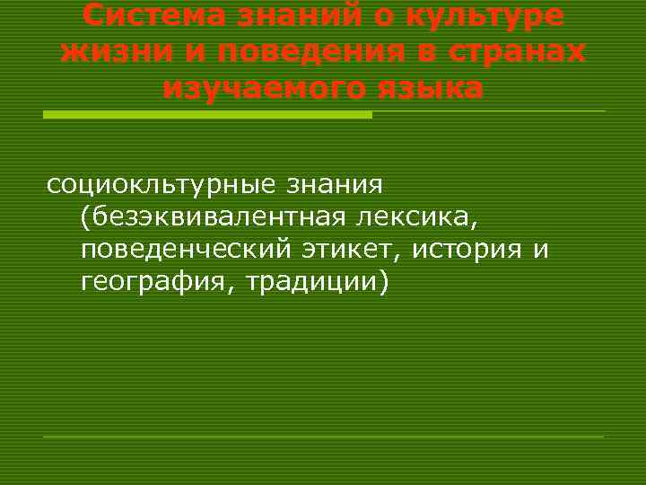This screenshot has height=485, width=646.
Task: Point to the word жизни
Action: [x=104, y=52]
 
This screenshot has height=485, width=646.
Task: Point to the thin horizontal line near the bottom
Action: [x=323, y=436]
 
